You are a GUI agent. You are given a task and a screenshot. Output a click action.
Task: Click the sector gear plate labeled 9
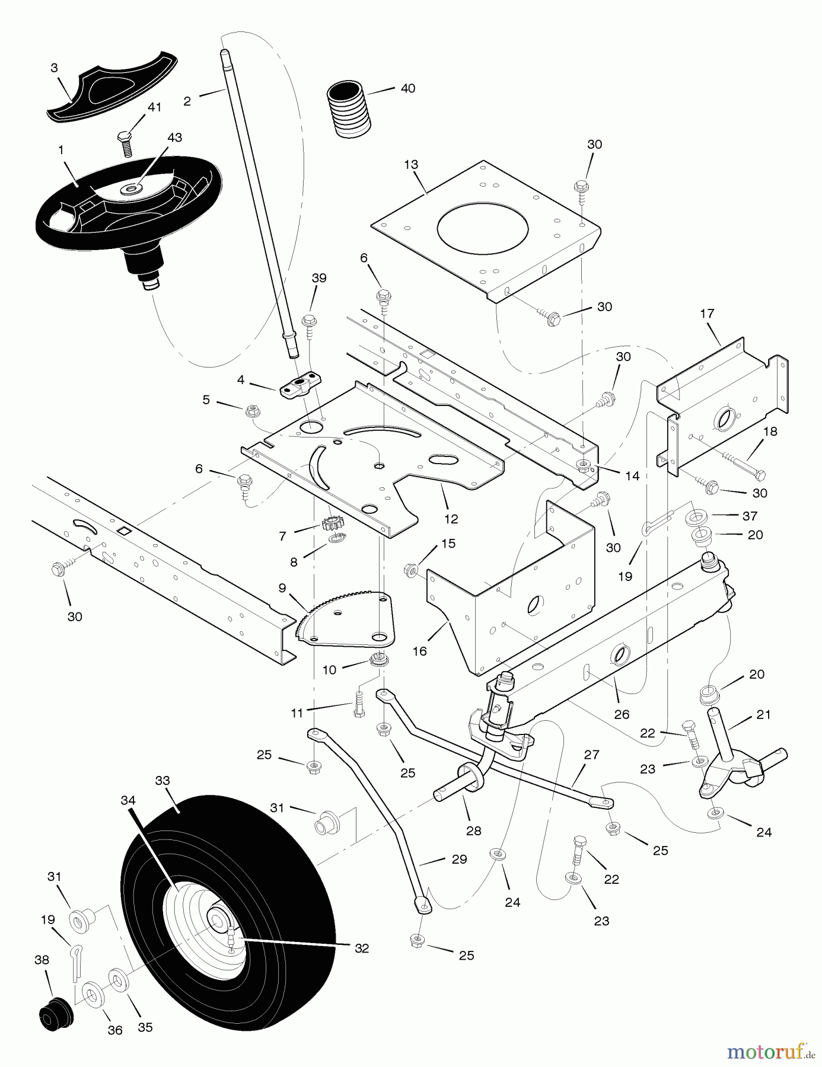(x=350, y=619)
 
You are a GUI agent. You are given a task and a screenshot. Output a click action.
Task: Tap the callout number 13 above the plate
(x=411, y=164)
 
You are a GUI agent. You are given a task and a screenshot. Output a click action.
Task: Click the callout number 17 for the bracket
(x=707, y=313)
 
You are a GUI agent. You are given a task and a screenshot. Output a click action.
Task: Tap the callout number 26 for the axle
(x=621, y=714)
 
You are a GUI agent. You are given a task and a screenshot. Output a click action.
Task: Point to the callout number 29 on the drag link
(x=459, y=859)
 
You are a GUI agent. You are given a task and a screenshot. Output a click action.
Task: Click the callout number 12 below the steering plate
(x=451, y=519)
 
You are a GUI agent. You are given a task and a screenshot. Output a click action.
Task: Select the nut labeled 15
(x=411, y=570)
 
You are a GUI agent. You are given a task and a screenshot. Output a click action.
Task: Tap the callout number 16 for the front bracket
(x=419, y=651)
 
